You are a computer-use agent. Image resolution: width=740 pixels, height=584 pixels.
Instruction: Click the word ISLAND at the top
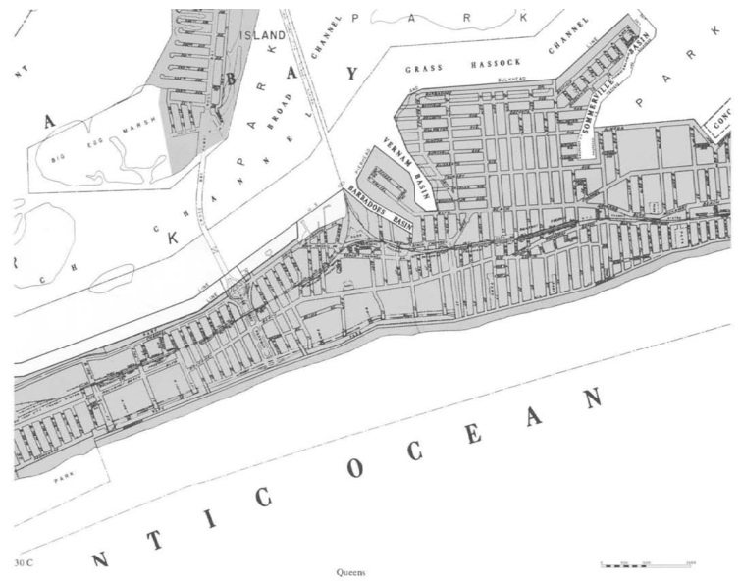click(264, 35)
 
